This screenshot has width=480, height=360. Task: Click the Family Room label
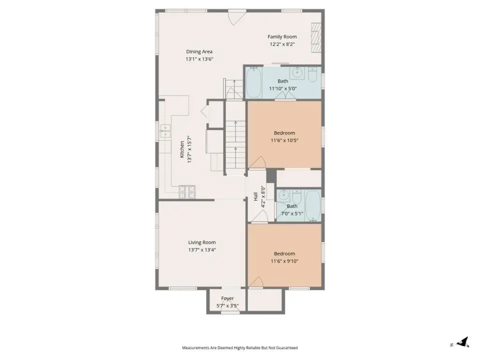pyautogui.click(x=282, y=36)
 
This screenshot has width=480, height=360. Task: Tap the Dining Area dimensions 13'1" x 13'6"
pyautogui.click(x=199, y=59)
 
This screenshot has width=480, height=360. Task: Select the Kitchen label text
pyautogui.click(x=182, y=149)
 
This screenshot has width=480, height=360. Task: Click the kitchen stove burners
pyautogui.click(x=187, y=192)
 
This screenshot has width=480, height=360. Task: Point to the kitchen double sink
pyautogui.click(x=165, y=131)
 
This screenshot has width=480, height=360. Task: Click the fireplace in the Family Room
pyautogui.click(x=316, y=38)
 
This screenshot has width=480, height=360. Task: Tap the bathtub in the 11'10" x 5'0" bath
pyautogui.click(x=254, y=82)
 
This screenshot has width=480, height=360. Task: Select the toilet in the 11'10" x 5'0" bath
pyautogui.click(x=312, y=74)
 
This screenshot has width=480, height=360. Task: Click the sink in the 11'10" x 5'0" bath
pyautogui.click(x=297, y=72)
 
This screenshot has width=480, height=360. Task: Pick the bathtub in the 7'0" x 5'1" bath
pyautogui.click(x=312, y=205)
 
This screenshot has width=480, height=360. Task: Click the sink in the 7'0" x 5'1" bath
pyautogui.click(x=283, y=194)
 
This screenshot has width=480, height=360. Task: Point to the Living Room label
pyautogui.click(x=202, y=242)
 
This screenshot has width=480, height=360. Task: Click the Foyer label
pyautogui.click(x=227, y=298)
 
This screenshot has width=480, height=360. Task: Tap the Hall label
pyautogui.click(x=255, y=196)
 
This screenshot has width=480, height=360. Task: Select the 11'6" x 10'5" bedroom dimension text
pyautogui.click(x=284, y=140)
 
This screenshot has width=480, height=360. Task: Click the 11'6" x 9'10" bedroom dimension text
pyautogui.click(x=284, y=261)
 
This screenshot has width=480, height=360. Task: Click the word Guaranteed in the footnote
pyautogui.click(x=287, y=348)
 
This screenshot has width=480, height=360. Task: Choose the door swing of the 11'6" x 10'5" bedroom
pyautogui.click(x=258, y=161)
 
